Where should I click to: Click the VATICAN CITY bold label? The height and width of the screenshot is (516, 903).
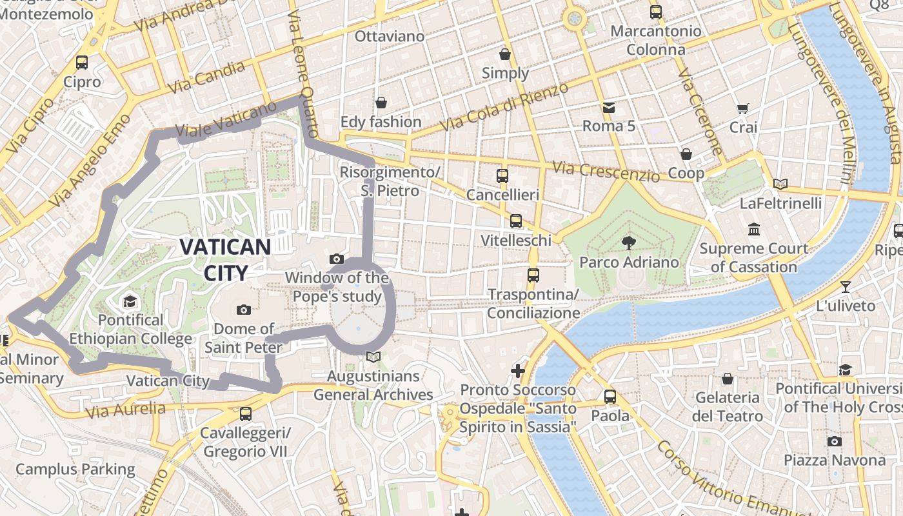225,260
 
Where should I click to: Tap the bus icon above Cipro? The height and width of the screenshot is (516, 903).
82,63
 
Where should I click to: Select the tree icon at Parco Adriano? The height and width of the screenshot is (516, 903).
628,243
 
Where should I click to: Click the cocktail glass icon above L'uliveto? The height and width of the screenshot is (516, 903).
846,286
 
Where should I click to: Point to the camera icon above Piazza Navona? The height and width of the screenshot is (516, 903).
835,441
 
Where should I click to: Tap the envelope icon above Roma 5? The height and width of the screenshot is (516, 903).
608,107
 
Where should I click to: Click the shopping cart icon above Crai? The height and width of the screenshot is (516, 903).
743,108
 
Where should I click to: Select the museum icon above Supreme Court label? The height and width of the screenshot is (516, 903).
754,229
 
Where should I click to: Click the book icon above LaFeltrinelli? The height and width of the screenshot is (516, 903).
780,184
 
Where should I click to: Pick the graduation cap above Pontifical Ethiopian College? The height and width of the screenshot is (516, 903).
130,301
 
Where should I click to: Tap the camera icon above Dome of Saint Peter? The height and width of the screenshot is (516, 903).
244,310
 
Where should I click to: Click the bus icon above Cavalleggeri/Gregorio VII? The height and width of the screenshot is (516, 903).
246,414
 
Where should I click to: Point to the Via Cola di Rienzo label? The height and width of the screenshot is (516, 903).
505,107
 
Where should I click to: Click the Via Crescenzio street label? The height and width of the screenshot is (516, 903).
606,172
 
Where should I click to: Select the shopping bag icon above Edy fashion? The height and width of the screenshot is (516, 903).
381,103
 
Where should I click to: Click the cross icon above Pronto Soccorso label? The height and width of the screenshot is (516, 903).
518,371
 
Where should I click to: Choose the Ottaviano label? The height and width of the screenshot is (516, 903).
390,36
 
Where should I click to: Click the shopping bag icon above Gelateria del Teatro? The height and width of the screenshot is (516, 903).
728,379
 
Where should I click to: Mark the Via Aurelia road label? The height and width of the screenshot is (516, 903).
125,409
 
